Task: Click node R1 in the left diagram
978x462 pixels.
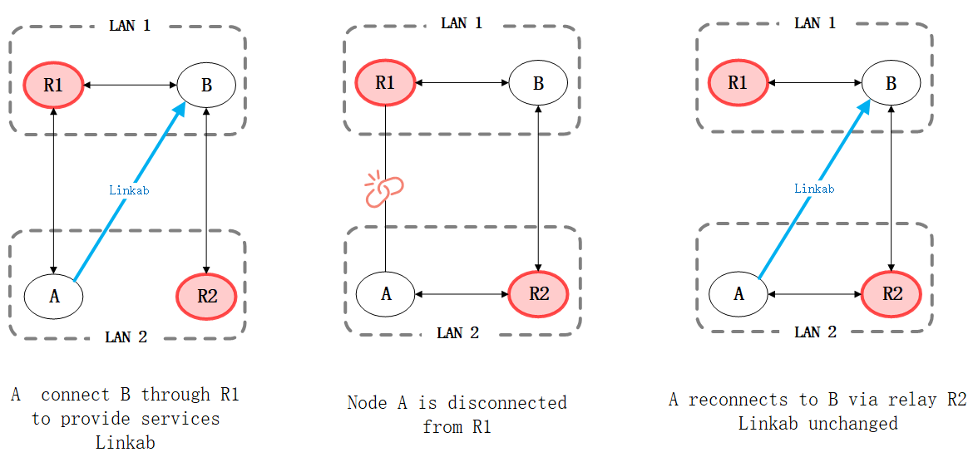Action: click(x=53, y=84)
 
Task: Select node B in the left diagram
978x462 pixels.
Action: click(x=206, y=84)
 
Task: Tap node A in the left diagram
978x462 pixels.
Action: click(x=54, y=295)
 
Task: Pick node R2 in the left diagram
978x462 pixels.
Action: click(x=206, y=295)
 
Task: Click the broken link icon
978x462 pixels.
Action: click(x=383, y=190)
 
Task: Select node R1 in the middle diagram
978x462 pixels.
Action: click(x=384, y=82)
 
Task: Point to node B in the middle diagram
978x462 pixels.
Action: click(x=538, y=83)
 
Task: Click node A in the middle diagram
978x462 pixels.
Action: click(x=386, y=293)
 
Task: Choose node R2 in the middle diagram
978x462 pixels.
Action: click(x=539, y=293)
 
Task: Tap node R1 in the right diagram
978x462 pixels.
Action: click(x=738, y=83)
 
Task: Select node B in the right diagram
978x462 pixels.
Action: click(x=891, y=83)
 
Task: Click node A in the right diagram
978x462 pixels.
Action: click(x=738, y=293)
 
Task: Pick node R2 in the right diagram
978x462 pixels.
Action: click(x=892, y=293)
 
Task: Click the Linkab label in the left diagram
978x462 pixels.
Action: click(x=129, y=190)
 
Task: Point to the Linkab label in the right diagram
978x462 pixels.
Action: click(x=814, y=189)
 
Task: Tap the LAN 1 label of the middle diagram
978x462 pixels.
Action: click(x=462, y=23)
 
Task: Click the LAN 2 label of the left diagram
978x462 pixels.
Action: click(x=126, y=337)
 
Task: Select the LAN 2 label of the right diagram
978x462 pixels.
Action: click(x=815, y=332)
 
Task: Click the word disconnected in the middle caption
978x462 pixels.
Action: click(x=507, y=404)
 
